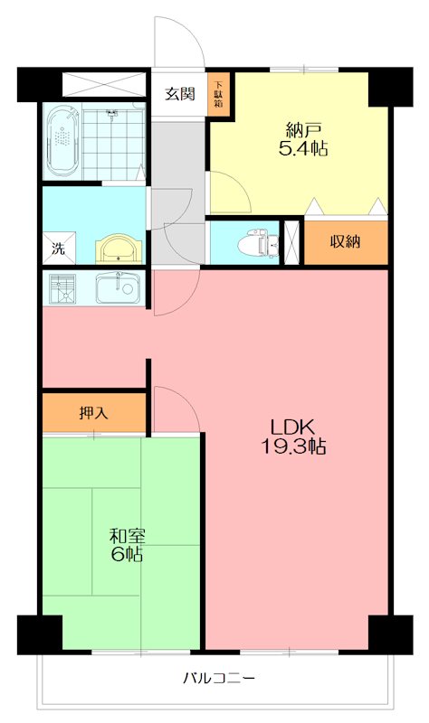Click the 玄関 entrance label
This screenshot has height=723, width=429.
[179, 92]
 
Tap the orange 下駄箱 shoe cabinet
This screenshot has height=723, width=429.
[218, 94]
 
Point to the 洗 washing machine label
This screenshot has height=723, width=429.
[57, 249]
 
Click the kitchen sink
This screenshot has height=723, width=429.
[118, 288]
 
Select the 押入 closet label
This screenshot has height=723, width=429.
[93, 413]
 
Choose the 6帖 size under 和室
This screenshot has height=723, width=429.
[125, 554]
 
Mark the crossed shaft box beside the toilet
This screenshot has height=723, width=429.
[291, 241]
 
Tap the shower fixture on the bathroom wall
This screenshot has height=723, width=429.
[112, 116]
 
